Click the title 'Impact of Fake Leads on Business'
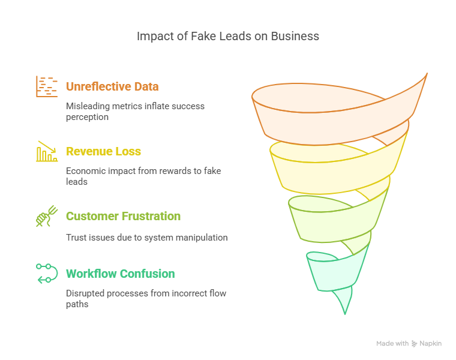click(228, 37)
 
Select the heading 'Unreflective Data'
click(112, 86)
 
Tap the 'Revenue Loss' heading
click(103, 152)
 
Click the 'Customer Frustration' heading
click(124, 217)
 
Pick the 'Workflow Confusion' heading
click(121, 274)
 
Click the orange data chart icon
click(47, 86)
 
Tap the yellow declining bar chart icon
click(47, 151)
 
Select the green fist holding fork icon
click(47, 216)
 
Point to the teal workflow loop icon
click(47, 274)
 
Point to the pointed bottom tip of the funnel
click(345, 314)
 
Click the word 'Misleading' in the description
click(88, 106)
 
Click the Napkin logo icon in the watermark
click(414, 344)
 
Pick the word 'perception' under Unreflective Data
click(87, 117)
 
